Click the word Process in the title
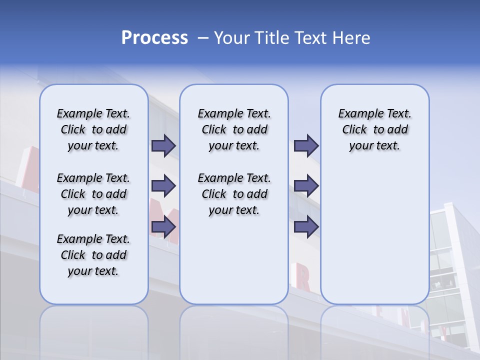point(154,37)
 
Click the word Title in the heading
point(273,38)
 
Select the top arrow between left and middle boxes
point(163,145)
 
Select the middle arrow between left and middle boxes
point(163,186)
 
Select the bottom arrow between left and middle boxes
point(163,227)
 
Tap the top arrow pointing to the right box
point(306,145)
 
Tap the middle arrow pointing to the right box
point(306,186)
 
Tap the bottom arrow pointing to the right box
point(306,227)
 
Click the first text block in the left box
point(93,129)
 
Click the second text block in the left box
point(93,194)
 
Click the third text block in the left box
point(93,255)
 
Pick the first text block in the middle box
point(234,129)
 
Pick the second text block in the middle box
point(234,194)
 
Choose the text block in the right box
point(374,129)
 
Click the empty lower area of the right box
point(374,235)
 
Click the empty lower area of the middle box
point(234,260)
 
